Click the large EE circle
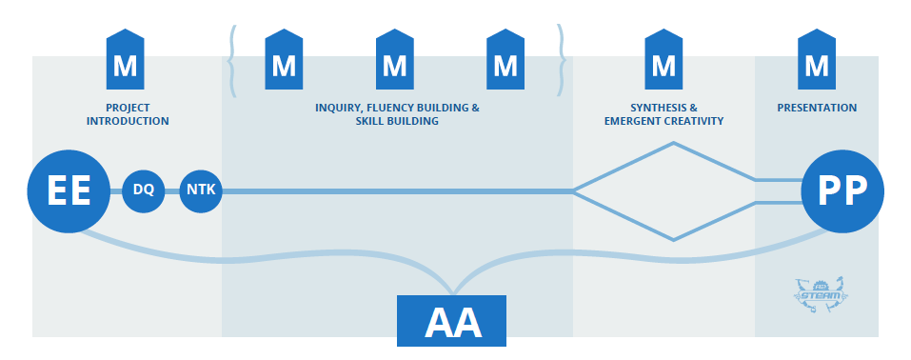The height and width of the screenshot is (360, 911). point(69,191)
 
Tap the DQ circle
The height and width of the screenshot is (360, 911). point(144,190)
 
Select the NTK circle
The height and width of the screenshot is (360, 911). point(201,190)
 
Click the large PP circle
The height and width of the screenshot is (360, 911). point(842,191)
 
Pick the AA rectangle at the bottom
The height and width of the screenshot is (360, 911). point(451,320)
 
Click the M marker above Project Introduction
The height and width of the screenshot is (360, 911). point(125,59)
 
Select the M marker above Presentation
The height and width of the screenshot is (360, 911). point(817,59)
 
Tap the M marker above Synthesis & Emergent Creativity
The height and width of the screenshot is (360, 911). point(663,59)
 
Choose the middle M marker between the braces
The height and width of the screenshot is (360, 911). point(394,59)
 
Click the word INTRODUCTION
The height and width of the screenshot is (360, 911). point(128,122)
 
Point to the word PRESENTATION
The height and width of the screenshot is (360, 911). point(817,108)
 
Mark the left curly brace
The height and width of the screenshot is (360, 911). point(233,61)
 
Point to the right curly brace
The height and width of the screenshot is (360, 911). point(562,61)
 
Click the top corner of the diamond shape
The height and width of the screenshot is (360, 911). point(673,143)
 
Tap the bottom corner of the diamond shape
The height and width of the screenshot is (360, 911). point(673,239)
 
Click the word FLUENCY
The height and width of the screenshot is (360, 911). point(392,108)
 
